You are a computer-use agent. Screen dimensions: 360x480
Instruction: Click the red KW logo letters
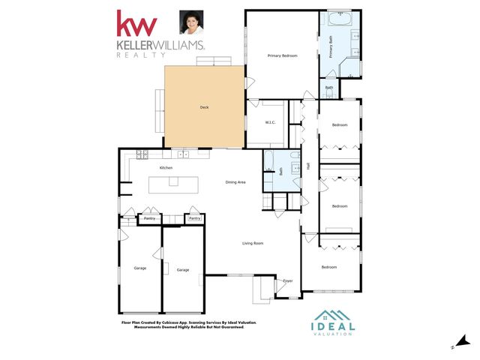(136, 24)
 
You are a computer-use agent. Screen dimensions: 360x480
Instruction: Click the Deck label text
(204, 107)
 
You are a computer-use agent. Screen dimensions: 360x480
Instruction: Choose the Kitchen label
(166, 167)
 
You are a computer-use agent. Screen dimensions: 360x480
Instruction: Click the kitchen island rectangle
(174, 184)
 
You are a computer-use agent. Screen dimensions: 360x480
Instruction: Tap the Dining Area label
(236, 182)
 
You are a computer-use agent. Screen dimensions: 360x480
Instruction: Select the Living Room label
(252, 243)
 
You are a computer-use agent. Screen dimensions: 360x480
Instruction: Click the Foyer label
(287, 281)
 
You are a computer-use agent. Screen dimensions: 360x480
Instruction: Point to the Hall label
(308, 166)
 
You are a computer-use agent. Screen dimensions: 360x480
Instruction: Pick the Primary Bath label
(330, 48)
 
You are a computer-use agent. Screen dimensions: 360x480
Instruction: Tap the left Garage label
(139, 268)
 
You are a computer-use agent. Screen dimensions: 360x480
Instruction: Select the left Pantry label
(149, 218)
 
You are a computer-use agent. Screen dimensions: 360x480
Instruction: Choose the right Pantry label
(194, 218)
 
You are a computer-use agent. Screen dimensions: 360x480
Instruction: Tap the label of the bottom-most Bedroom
(329, 267)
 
